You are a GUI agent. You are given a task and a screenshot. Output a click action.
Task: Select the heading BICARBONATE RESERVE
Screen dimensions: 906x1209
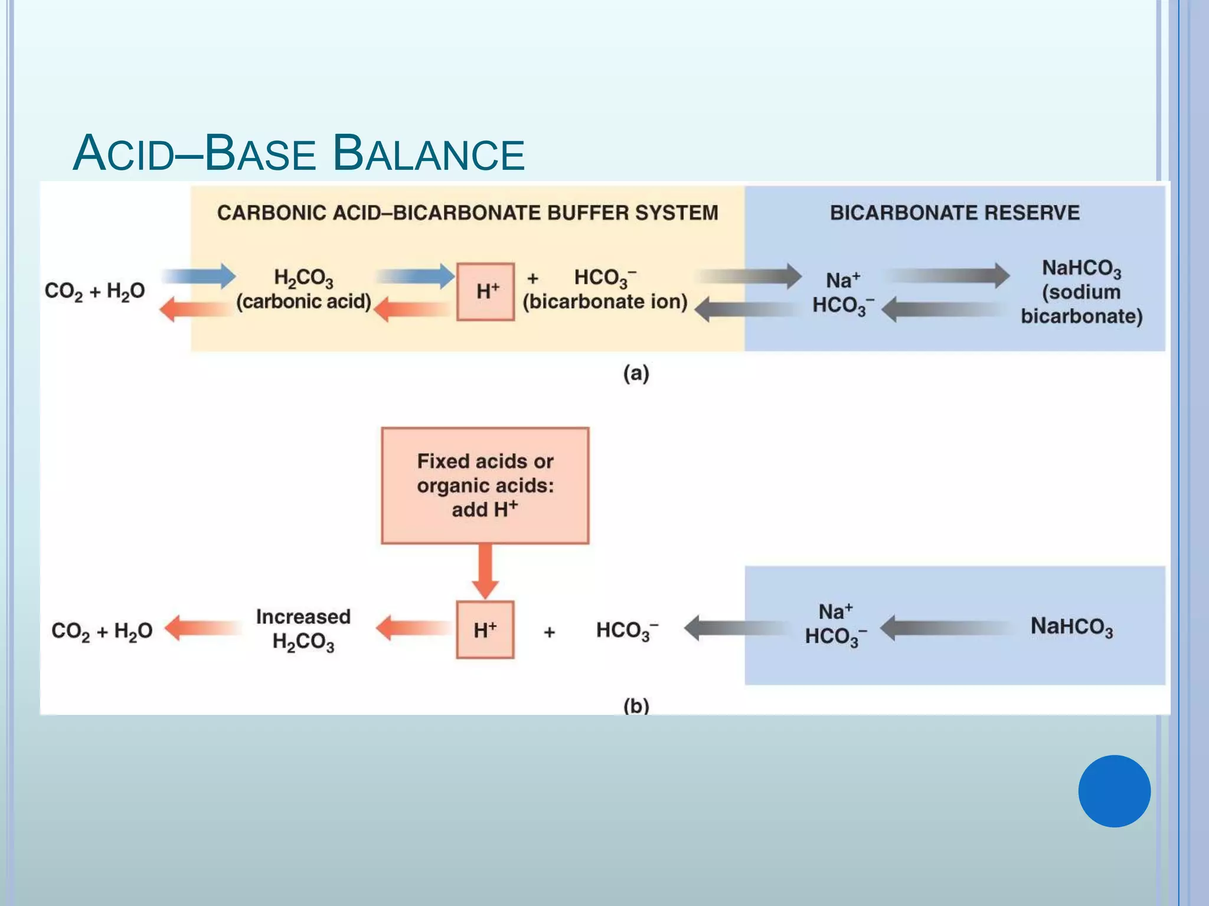(x=954, y=212)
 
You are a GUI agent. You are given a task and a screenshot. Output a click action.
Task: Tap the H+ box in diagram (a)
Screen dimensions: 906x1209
(x=486, y=291)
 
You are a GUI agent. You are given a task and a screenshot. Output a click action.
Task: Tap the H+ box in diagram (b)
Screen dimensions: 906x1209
(x=485, y=630)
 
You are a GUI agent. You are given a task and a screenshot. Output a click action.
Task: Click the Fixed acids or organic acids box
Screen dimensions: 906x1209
(x=485, y=485)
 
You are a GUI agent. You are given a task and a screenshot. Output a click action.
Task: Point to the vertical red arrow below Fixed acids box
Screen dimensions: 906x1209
(x=485, y=570)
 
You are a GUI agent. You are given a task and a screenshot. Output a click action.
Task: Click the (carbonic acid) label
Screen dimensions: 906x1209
(x=303, y=301)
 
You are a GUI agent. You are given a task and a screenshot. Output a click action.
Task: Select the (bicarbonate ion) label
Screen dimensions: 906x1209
(x=605, y=301)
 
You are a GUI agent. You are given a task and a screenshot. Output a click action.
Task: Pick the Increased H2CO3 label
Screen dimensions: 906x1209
(x=303, y=629)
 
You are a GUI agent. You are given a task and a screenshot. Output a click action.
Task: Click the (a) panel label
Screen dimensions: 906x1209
(x=636, y=373)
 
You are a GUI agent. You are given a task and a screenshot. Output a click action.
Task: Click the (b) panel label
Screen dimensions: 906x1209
(x=636, y=705)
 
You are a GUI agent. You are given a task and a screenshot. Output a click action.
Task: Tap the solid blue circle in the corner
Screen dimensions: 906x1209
(x=1114, y=791)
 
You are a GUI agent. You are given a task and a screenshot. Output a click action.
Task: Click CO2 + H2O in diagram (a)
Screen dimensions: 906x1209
(x=94, y=291)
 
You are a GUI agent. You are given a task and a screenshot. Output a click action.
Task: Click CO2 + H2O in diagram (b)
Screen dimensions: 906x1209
(x=102, y=631)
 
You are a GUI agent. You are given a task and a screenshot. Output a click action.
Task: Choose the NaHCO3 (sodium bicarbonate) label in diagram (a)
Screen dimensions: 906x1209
(x=1081, y=292)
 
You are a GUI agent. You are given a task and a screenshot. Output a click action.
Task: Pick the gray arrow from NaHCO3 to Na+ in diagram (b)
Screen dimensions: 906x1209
(x=945, y=628)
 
